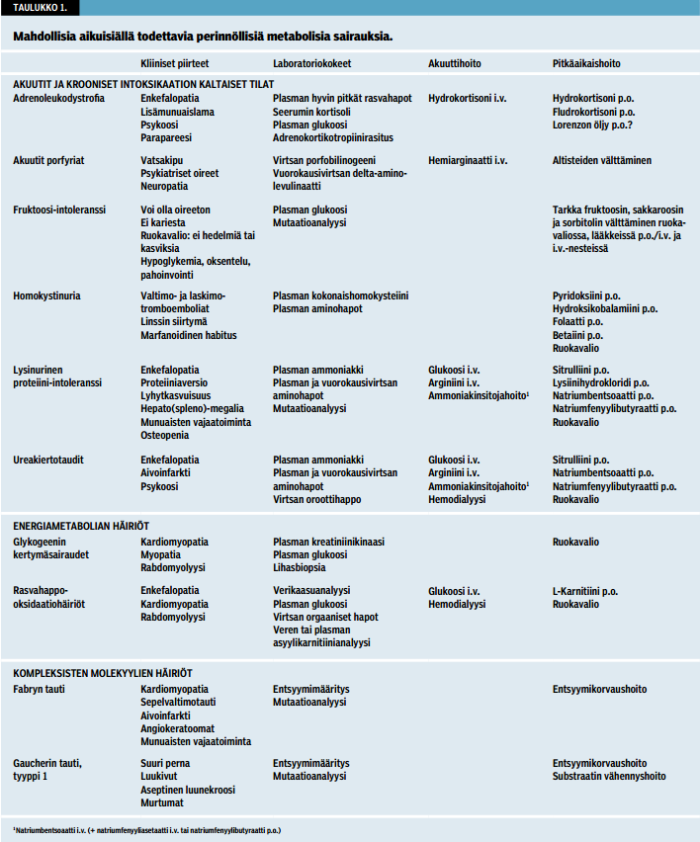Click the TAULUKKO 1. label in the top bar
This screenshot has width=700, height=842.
click(40, 7)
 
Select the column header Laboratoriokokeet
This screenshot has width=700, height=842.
click(312, 62)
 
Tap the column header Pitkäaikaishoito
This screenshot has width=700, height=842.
click(586, 62)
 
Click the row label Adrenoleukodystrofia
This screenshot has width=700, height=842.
click(58, 99)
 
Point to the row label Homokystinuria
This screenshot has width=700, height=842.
click(47, 295)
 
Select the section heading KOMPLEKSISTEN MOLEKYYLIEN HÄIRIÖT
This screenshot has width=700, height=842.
click(102, 672)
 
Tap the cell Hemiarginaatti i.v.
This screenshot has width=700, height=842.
click(468, 160)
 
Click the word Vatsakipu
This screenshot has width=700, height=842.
click(162, 160)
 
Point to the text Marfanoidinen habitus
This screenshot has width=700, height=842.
click(189, 335)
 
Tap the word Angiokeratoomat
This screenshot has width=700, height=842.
click(177, 728)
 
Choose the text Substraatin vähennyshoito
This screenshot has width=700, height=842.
click(608, 776)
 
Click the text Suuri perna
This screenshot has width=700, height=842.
click(165, 763)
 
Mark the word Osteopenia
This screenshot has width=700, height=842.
click(164, 435)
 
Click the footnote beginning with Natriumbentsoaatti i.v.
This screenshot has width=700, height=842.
click(147, 829)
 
